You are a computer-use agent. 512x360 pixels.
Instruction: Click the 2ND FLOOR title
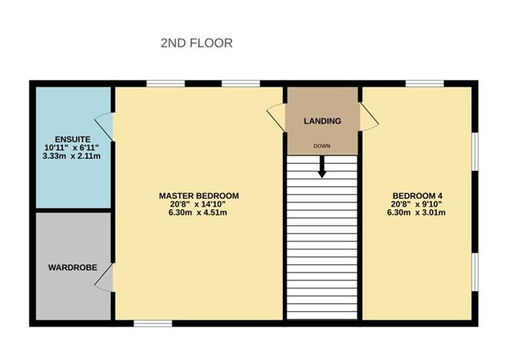pyautogui.click(x=196, y=43)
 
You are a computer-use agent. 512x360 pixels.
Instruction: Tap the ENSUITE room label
pyautogui.click(x=73, y=139)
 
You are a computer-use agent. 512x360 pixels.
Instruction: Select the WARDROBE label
pyautogui.click(x=73, y=267)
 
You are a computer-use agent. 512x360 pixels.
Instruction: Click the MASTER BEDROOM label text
pyautogui.click(x=199, y=196)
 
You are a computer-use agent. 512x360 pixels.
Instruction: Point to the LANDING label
pyautogui.click(x=323, y=121)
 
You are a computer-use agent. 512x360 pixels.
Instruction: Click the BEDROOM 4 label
pyautogui.click(x=417, y=196)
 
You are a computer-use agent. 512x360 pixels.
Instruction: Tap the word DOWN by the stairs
pyautogui.click(x=322, y=146)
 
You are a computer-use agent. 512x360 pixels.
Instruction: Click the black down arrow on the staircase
pyautogui.click(x=322, y=167)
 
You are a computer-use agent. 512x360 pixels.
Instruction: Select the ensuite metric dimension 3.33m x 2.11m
pyautogui.click(x=71, y=156)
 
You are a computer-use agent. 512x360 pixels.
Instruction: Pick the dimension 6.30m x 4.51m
pyautogui.click(x=198, y=213)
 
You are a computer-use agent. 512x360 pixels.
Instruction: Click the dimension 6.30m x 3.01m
pyautogui.click(x=416, y=213)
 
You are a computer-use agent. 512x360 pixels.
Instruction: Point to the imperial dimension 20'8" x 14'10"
pyautogui.click(x=198, y=205)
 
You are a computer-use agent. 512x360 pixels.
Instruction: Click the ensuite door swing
pyautogui.click(x=104, y=126)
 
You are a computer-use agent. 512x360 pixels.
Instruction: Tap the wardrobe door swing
pyautogui.click(x=104, y=278)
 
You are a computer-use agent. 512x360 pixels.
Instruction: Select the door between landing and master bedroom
pyautogui.click(x=276, y=118)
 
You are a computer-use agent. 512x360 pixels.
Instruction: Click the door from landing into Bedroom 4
pyautogui.click(x=369, y=117)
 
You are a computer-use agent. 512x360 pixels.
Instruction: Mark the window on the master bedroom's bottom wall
pyautogui.click(x=153, y=323)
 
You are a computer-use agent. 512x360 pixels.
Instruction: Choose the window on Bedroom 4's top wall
pyautogui.click(x=425, y=83)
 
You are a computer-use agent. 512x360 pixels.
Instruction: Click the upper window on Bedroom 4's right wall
pyautogui.click(x=475, y=152)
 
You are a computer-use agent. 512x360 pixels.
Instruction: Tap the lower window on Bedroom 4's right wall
pyautogui.click(x=475, y=272)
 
